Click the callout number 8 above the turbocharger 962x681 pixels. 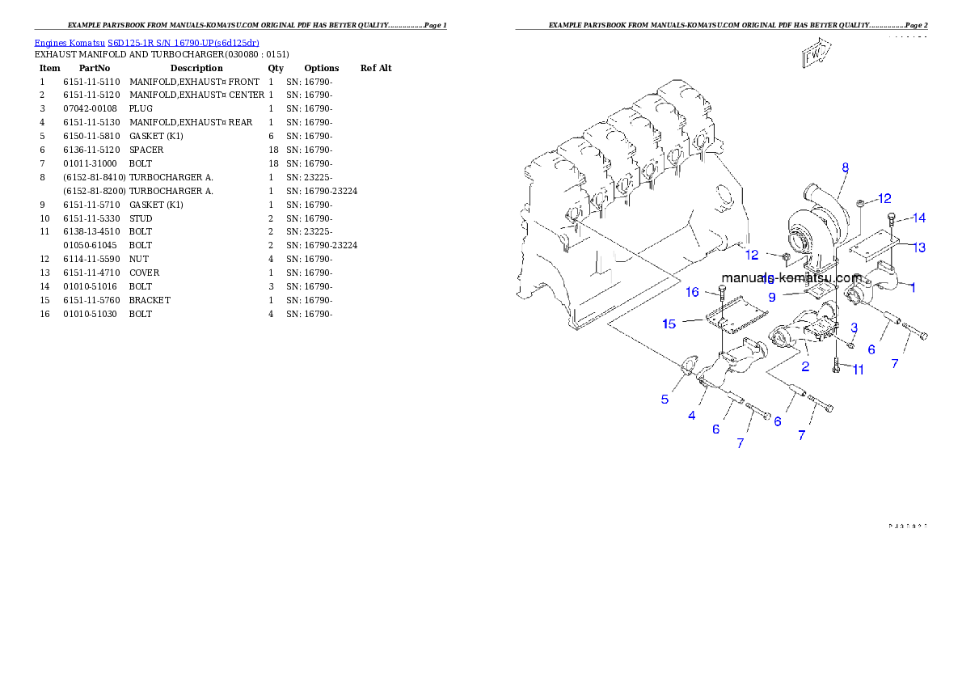point(845,168)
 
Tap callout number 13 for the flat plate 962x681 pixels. point(919,247)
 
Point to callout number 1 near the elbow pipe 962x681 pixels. point(913,286)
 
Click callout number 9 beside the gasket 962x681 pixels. point(772,297)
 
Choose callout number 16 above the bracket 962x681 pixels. point(693,292)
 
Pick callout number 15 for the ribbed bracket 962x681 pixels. point(669,324)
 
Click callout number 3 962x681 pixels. point(854,327)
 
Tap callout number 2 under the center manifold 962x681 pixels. point(805,366)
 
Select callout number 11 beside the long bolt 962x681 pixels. point(858,370)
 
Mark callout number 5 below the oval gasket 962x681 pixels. point(665,399)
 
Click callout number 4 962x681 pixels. point(692,416)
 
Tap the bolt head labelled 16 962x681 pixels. point(722,289)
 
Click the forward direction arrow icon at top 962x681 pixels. point(816,53)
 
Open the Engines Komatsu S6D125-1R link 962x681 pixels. point(146,43)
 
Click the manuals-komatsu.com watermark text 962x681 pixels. point(791,277)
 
